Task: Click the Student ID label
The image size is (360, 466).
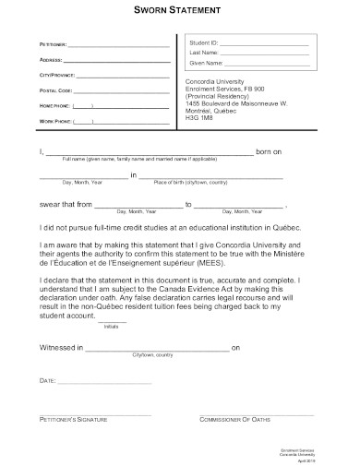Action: pos(203,43)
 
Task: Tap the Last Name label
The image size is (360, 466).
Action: pos(204,54)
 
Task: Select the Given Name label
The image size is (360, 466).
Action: pos(206,64)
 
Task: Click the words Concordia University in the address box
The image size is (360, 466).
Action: pos(219,81)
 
